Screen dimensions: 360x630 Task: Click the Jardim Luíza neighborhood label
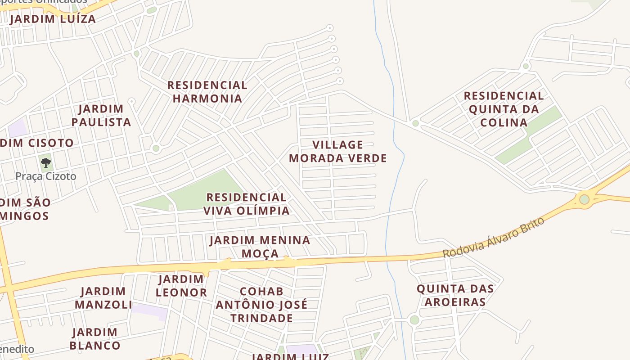point(53,19)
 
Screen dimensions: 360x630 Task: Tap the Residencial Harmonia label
point(207,91)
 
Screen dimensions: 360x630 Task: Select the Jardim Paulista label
point(101,115)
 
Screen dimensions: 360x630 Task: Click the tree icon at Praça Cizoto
point(45,162)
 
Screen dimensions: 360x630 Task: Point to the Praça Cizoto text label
point(46,176)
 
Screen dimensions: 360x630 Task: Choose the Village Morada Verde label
point(338,151)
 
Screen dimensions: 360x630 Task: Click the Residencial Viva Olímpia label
point(246,204)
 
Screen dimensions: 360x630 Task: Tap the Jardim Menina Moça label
point(260,247)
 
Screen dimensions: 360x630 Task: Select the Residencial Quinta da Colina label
point(504,109)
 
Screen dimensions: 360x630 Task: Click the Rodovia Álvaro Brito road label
point(493,238)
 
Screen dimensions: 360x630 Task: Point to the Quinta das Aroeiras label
point(455,295)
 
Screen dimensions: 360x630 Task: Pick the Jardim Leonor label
point(181,286)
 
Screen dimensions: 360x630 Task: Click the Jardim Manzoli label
point(103,298)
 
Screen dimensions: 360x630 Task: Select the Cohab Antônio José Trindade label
point(261,305)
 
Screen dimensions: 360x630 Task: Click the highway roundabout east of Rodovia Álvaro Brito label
point(584,199)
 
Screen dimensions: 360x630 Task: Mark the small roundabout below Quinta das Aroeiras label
point(414,320)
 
